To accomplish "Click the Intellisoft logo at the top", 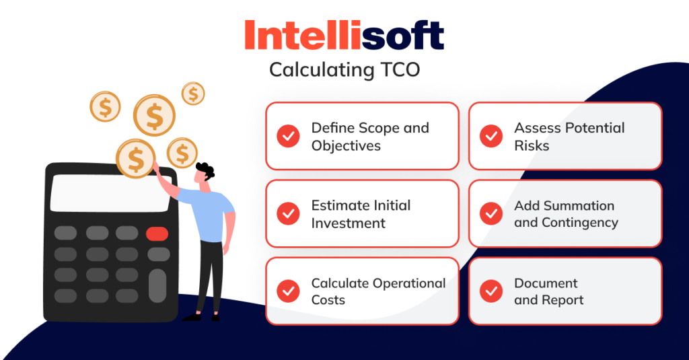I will tap(344, 34).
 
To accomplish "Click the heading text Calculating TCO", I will tap(344, 70).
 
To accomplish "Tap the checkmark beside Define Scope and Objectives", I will tap(289, 136).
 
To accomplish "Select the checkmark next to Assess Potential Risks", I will tap(491, 136).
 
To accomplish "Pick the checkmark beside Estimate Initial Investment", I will tap(289, 213).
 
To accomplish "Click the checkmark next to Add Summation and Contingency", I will tap(491, 213).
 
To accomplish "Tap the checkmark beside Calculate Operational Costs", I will tap(289, 291).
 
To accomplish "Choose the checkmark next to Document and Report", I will tap(491, 291).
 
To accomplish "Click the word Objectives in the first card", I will tap(346, 146).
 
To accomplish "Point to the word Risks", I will tap(532, 146).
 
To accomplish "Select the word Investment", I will tap(348, 223).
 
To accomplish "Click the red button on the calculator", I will tap(157, 233).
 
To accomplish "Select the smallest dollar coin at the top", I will tap(193, 94).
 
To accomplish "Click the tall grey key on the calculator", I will tap(157, 285).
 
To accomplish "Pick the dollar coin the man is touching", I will tap(136, 159).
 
